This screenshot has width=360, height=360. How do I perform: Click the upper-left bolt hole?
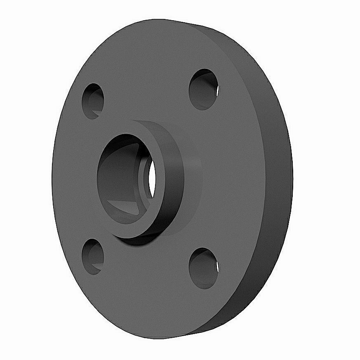point(93,101)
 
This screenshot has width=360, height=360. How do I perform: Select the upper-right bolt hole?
point(203,89)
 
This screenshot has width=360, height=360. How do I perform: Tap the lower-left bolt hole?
point(92,256)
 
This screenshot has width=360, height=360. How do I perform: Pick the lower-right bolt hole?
point(203,268)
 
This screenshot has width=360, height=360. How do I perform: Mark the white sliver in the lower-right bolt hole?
point(216,268)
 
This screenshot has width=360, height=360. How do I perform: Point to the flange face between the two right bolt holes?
point(231,177)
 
